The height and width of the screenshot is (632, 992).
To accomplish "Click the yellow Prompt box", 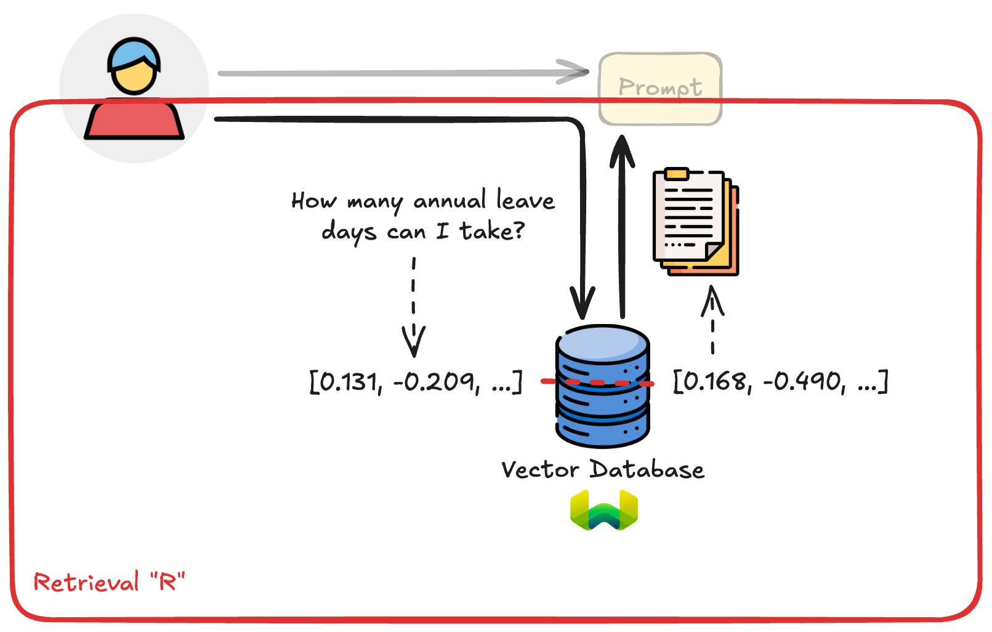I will click(660, 88).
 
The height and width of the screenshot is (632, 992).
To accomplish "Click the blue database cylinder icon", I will click(603, 386).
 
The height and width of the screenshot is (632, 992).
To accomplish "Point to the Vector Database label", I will click(603, 470).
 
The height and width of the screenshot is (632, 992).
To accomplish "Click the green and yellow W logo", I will click(604, 510).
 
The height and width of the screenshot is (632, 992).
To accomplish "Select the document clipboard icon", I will click(695, 221).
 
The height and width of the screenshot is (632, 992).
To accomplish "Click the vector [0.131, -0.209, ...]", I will click(416, 381).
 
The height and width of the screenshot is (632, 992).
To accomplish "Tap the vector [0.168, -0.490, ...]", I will click(781, 381).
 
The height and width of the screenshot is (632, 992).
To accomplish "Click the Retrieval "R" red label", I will click(109, 581).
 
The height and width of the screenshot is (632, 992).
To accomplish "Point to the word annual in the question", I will click(450, 201).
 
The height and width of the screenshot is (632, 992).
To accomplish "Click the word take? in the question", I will click(493, 232).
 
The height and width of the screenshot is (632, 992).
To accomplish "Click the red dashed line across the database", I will click(597, 383).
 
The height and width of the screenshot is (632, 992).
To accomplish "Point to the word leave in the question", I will click(525, 200).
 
